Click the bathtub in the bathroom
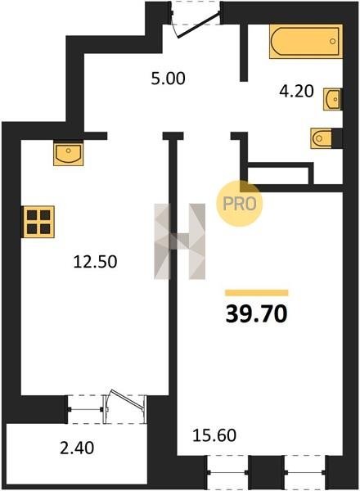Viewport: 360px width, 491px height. pos(305,42)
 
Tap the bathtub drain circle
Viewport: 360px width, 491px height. pos(332,41)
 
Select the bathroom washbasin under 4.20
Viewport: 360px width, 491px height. pos(332,99)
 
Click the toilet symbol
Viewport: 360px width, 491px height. pos(322,138)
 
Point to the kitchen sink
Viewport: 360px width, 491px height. pos(68,154)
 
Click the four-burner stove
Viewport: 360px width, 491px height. pos(38,222)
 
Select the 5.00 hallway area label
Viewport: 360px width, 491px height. pos(168,79)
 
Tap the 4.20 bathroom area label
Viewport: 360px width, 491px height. pos(296,92)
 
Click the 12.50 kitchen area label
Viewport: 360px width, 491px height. pos(95,262)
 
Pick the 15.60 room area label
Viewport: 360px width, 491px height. pos(214,435)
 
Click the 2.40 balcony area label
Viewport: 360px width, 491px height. pos(77,448)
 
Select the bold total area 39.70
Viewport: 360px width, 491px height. pos(256,314)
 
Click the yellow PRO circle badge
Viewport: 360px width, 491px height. pos(240,204)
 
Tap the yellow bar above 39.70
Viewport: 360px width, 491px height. pos(257,293)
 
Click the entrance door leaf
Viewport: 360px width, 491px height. pos(199,25)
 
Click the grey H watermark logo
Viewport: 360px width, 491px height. pos(180,241)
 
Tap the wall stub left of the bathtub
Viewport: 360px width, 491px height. pos(244,52)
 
